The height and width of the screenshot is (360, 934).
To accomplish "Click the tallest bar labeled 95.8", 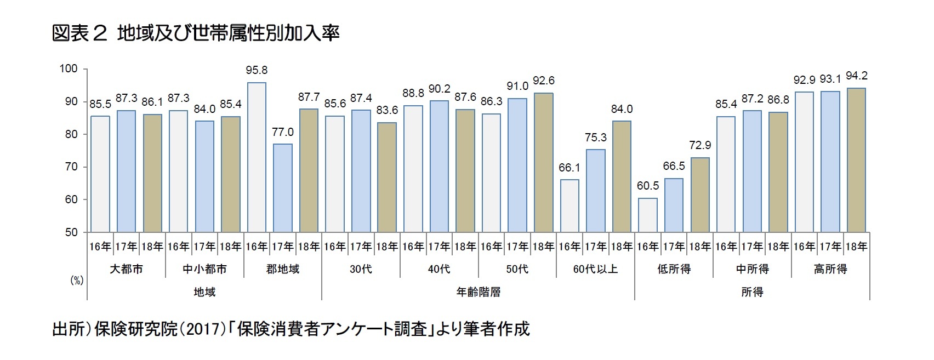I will [257, 157].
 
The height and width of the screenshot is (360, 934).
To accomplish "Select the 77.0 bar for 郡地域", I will [282, 188].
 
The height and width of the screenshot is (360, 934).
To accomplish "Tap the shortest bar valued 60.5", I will [647, 215].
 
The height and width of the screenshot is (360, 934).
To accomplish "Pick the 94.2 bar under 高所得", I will [856, 160].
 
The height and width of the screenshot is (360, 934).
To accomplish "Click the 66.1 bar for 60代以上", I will [569, 205].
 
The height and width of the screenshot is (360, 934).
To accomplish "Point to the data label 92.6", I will [543, 81].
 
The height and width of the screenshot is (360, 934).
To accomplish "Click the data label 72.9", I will [700, 145].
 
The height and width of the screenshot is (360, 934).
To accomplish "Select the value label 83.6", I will [387, 110].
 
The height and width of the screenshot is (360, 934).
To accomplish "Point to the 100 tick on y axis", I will [69, 68].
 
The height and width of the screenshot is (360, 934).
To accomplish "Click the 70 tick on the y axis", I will [71, 167].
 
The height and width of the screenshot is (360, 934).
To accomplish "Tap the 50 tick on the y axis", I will [71, 232].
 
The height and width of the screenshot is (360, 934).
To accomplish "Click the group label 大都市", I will [126, 269].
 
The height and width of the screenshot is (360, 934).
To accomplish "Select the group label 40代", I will [439, 269].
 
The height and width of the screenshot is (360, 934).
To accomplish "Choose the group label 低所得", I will [674, 269].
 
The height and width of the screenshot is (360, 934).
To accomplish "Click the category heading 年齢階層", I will [478, 292].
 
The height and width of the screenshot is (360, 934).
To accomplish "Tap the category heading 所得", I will [752, 292].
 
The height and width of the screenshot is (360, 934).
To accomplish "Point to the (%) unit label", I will [76, 281].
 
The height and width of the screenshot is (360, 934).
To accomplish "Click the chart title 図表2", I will [79, 33].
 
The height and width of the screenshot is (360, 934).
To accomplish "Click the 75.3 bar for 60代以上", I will [595, 191].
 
